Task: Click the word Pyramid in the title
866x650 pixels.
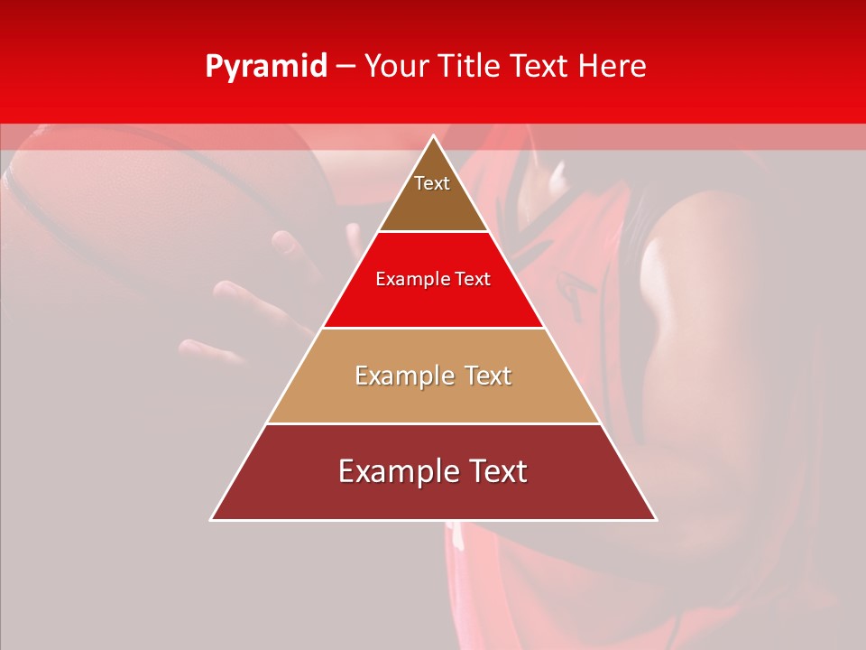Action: (265, 67)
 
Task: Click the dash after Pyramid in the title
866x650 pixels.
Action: (345, 68)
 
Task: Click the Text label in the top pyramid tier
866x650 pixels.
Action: (432, 183)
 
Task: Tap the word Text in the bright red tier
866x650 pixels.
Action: (473, 280)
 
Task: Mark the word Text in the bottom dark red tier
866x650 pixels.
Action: (493, 472)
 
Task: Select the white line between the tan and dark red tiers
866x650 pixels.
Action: (434, 423)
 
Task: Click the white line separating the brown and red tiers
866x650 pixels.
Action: (434, 232)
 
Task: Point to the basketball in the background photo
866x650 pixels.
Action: (135, 208)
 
